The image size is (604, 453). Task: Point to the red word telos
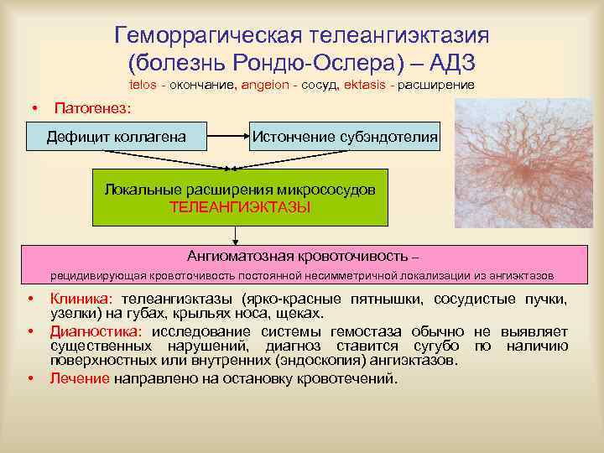[145, 86]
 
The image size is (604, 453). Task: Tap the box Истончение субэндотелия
[344, 135]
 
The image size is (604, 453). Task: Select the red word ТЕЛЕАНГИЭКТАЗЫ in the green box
[240, 206]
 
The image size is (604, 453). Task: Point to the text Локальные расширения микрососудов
[240, 190]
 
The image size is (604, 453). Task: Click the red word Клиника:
[81, 299]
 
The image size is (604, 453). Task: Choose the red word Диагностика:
[96, 331]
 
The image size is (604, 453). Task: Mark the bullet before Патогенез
[34, 109]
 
